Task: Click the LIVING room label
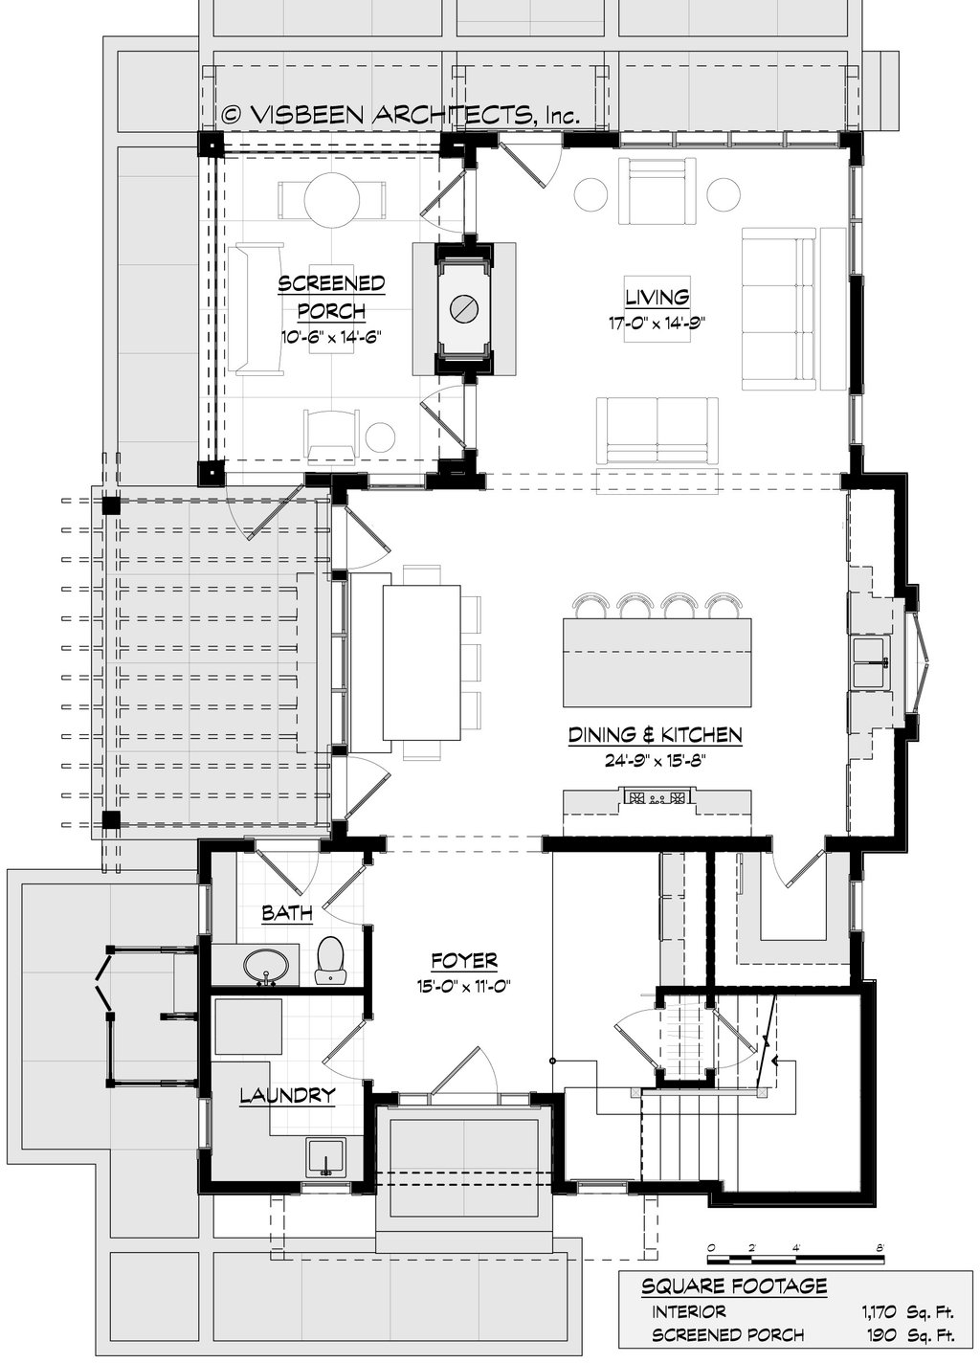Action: point(657,297)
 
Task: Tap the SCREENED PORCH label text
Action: point(331,297)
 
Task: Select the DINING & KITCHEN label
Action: point(656,735)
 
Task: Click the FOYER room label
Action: point(464,961)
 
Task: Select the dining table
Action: point(421,662)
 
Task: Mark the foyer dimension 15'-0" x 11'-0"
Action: point(463,986)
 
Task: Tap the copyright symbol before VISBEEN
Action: point(232,114)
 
